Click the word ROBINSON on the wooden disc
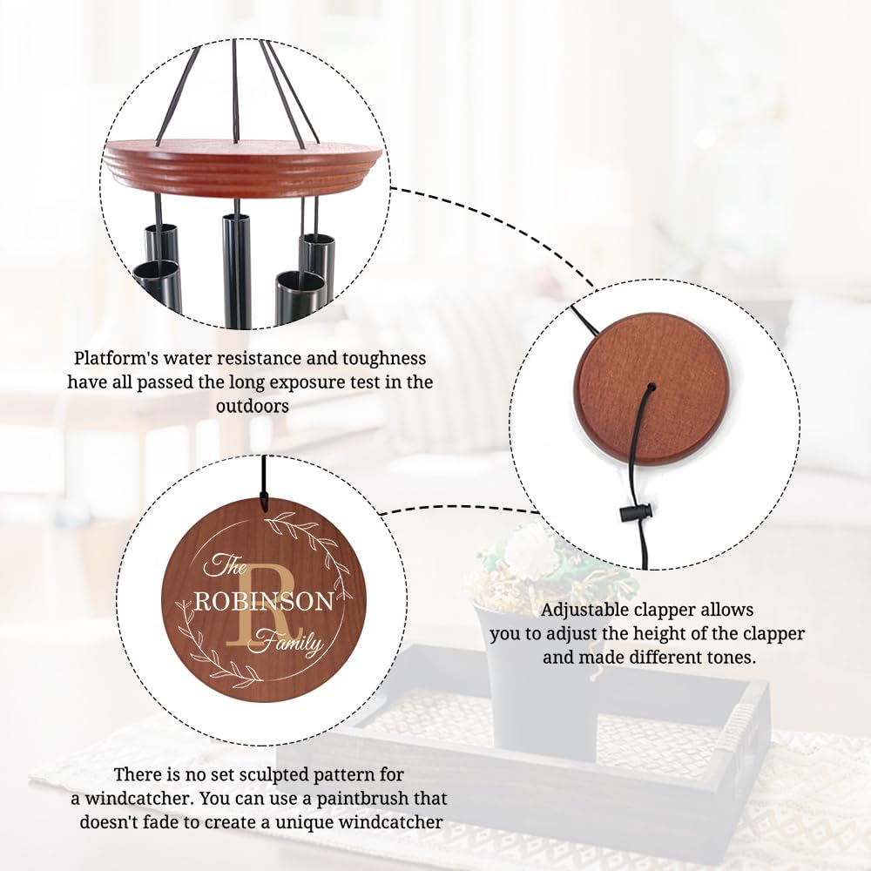263,602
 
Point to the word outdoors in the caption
252,406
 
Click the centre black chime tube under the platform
237,270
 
